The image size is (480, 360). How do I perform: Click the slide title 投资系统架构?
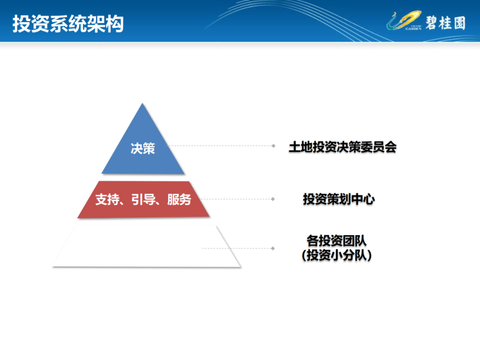(68, 24)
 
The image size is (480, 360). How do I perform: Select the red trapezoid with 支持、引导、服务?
(143, 200)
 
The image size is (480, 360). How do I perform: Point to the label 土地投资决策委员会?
(343, 147)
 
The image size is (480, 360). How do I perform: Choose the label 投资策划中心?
(339, 199)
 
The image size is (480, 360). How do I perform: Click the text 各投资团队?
(336, 240)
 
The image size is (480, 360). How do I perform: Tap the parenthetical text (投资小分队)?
(336, 255)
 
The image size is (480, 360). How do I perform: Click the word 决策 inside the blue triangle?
(143, 148)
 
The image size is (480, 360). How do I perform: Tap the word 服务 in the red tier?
(179, 200)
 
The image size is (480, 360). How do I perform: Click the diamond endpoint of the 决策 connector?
(273, 146)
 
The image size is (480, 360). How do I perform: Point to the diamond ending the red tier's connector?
(273, 199)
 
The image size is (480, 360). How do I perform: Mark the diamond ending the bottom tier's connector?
(273, 248)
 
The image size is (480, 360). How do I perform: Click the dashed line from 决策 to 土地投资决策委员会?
(220, 146)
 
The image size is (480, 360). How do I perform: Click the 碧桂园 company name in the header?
(445, 23)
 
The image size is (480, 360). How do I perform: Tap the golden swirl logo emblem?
(404, 21)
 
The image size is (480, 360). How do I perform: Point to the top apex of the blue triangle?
(142, 103)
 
